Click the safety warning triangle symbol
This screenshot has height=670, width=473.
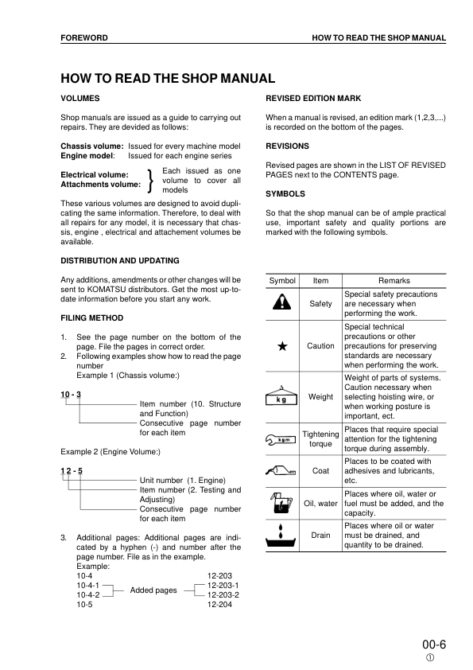281,303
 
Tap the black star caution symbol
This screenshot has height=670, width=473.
281,346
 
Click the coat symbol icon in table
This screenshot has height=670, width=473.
281,470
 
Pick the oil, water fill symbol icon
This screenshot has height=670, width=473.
281,503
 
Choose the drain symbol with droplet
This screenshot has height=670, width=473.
281,536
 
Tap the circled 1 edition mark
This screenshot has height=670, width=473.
430,657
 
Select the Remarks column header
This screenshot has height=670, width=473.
394,280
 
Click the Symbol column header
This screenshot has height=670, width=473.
282,280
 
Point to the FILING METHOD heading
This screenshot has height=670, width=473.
88,317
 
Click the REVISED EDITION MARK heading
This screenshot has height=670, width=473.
313,98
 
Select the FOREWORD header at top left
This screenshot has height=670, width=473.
84,37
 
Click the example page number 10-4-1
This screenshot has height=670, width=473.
87,584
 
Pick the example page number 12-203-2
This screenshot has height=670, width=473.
223,594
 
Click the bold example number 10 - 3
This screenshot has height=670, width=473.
71,395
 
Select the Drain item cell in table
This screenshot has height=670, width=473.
320,536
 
